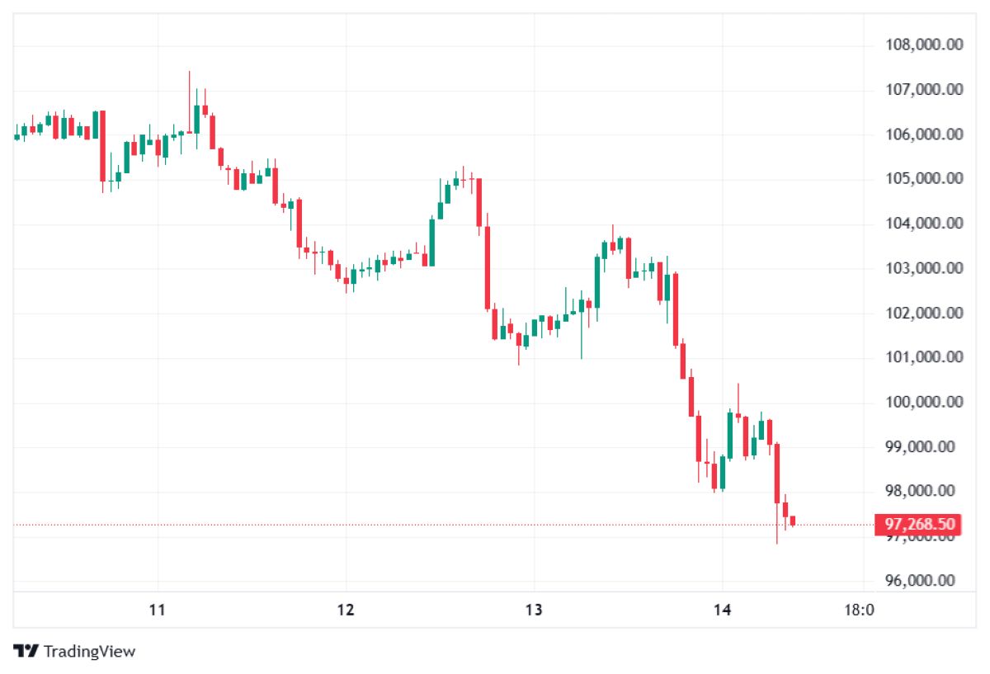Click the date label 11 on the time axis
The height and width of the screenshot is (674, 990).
158,610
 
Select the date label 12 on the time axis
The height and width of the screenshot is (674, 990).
346,610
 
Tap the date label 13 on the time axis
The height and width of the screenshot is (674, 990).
534,610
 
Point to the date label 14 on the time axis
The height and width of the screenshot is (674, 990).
722,610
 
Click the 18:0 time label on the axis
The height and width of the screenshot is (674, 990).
860,610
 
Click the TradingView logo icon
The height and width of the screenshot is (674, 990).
26,651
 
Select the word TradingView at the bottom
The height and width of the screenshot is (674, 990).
89,652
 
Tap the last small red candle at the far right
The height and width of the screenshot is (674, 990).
793,521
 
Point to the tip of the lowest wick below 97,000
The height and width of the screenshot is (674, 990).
777,543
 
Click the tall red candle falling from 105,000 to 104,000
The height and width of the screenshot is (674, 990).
478,202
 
